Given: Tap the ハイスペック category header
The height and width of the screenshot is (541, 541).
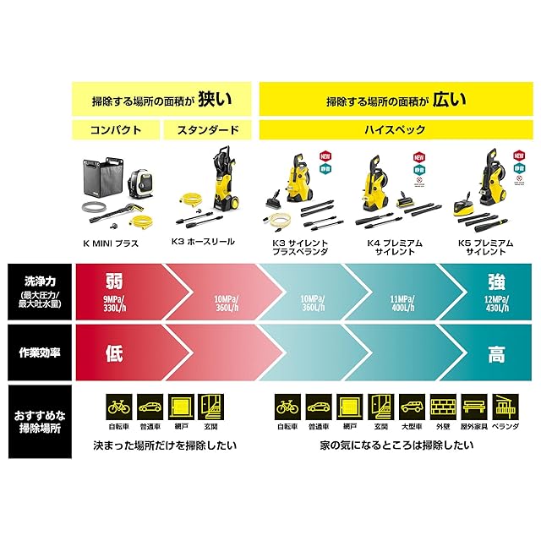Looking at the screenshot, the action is click(388, 131).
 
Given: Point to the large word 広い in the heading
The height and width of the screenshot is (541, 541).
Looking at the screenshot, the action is click(449, 101).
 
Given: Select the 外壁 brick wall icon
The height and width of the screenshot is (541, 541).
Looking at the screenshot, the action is click(441, 407).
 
